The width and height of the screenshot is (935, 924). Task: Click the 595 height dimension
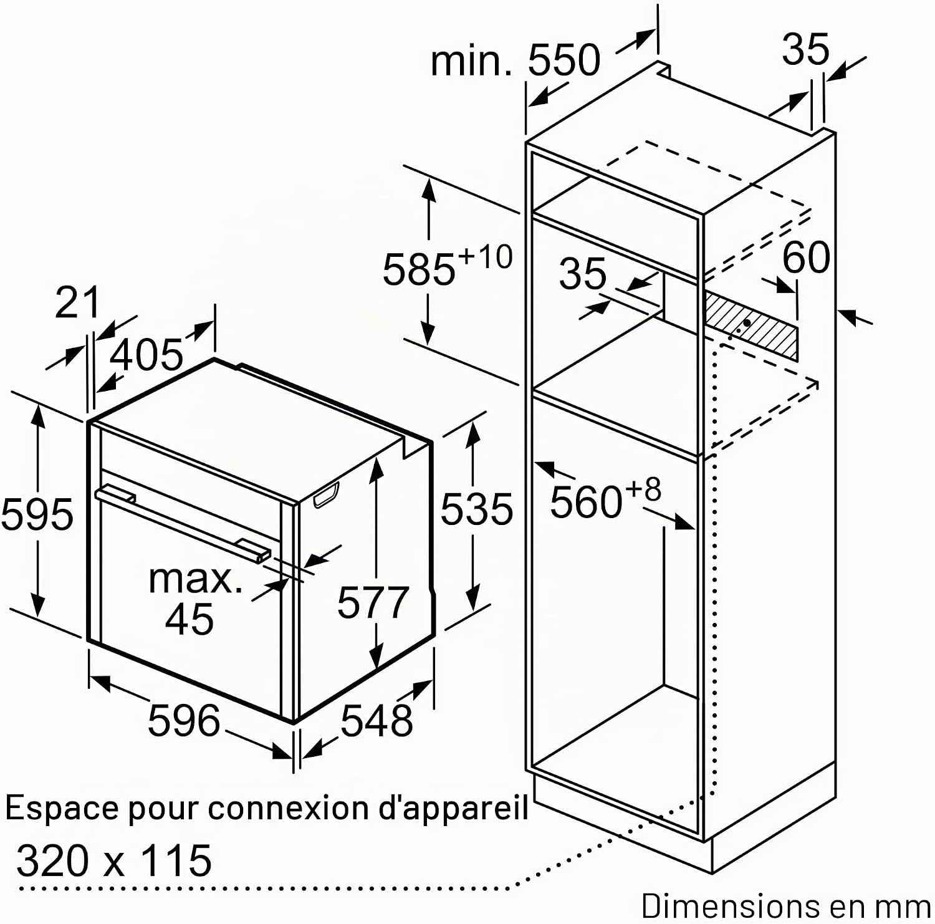pos(37,514)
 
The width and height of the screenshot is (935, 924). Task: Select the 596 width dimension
pos(184,719)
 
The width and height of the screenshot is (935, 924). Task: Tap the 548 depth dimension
pos(376,720)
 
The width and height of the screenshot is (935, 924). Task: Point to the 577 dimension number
pos(373,602)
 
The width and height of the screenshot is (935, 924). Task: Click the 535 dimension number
pos(476,508)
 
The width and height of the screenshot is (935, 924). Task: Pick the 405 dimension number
pos(146,354)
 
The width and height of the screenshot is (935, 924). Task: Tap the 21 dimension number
pos(77,302)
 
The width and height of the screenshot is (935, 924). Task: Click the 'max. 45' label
pos(194,598)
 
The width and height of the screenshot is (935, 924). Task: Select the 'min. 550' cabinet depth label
pos(515,60)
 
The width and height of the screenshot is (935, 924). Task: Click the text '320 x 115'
pos(114,860)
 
